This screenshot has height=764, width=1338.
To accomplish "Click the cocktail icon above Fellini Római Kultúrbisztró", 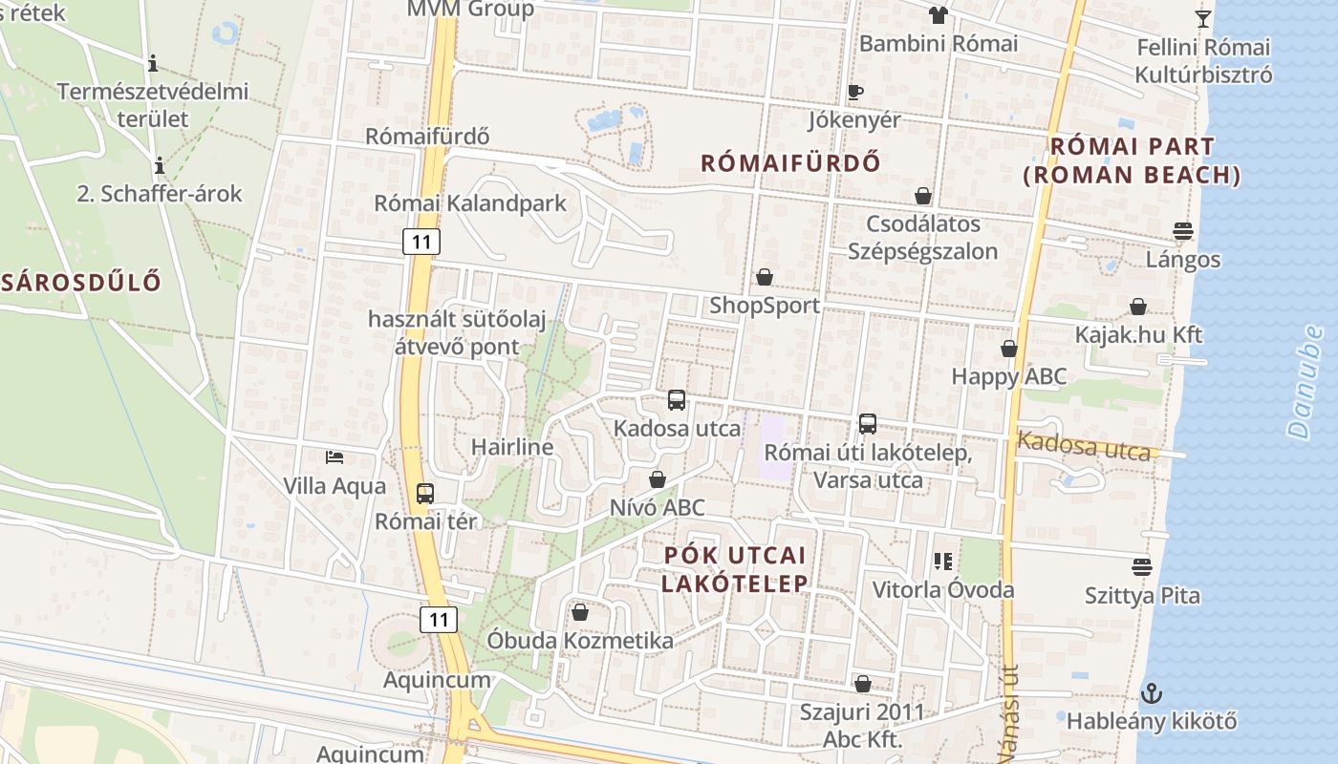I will coord(1203,18).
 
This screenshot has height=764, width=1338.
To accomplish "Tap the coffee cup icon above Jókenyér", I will coord(855,92).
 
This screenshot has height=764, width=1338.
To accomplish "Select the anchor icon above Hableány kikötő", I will coord(1152,692).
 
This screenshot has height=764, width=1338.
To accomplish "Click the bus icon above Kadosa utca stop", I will coord(677,400).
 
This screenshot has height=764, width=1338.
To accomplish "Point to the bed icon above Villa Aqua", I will coord(334,457).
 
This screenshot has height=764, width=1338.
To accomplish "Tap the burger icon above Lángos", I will coord(1183,231).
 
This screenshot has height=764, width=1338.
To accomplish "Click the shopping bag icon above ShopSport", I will coord(765,277).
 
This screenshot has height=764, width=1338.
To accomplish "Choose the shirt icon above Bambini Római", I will coord(938,14).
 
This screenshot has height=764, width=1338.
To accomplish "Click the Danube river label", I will coord(1306,382).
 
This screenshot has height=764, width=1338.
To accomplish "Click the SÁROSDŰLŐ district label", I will coord(81,282).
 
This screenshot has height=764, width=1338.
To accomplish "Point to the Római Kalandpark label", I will coord(470,203).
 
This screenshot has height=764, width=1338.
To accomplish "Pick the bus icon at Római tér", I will coord(425,494).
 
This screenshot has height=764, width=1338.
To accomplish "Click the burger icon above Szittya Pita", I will coord(1141,567).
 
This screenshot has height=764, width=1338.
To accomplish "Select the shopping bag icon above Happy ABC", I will coord(1009,349).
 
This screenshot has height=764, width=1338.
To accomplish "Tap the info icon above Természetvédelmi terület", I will coord(153,64).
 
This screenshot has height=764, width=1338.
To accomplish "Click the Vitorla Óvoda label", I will coord(942,590).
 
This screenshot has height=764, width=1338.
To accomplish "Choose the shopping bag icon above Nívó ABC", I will coord(658,478).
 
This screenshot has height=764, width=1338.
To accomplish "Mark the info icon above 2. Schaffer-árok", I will coord(160,166).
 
